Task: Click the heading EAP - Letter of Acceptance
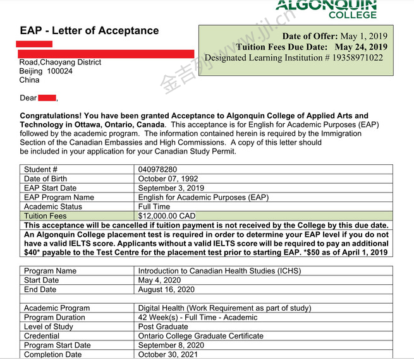[89, 30]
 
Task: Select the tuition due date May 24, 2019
[361, 47]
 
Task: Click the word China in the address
[29, 80]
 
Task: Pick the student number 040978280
[157, 170]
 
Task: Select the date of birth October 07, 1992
[167, 179]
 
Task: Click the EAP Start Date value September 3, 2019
[171, 188]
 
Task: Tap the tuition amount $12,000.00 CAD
[167, 216]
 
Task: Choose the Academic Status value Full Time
[154, 207]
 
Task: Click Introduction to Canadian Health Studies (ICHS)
[219, 271]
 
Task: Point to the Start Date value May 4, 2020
[159, 280]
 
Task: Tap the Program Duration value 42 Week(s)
[163, 318]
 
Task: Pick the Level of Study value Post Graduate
[163, 327]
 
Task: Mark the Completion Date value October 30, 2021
[167, 354]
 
